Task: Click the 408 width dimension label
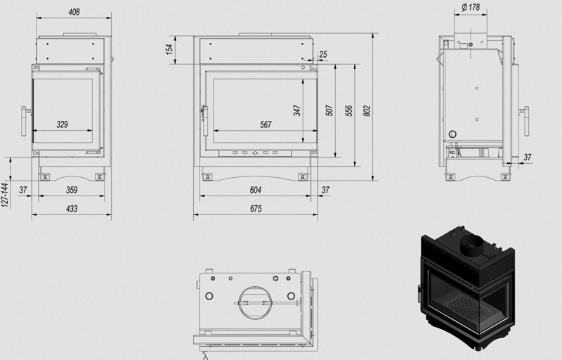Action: [x=74, y=12]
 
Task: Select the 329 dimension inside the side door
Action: [x=62, y=124]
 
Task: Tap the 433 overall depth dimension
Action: [x=72, y=208]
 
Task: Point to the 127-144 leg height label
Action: [x=4, y=195]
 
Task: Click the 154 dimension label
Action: [x=169, y=49]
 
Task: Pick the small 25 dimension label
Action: [x=323, y=55]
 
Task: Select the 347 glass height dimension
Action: [x=297, y=110]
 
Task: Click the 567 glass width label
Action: [x=266, y=124]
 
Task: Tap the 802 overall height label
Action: [x=367, y=110]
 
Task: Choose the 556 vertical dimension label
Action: [x=348, y=110]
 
